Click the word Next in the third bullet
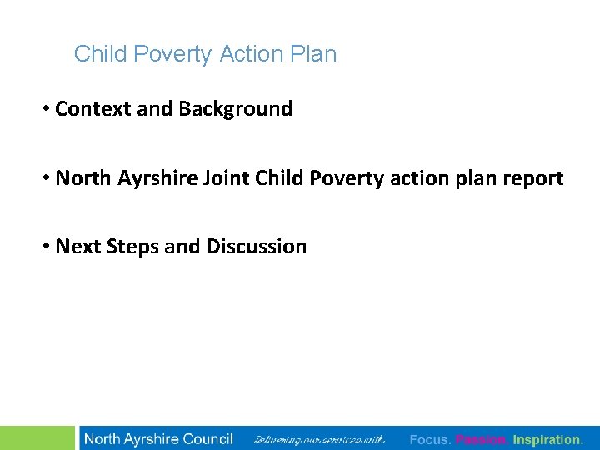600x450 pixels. [75, 247]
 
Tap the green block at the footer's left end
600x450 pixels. [37, 437]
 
